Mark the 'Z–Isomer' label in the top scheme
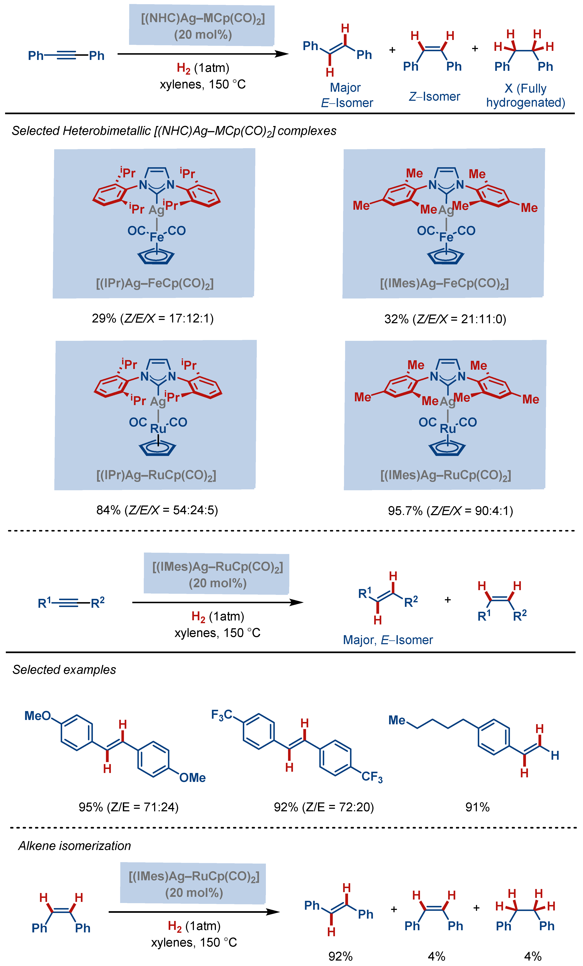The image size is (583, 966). (x=434, y=96)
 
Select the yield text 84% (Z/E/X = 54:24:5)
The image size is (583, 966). (x=157, y=510)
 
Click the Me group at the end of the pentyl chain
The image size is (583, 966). (x=397, y=720)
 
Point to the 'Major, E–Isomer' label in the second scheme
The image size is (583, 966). (x=388, y=640)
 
